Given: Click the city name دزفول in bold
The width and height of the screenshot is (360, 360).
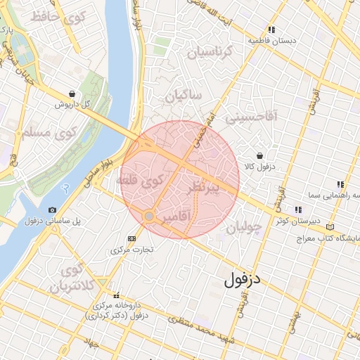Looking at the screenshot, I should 243,279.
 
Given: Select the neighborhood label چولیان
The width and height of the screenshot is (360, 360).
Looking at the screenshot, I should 244,226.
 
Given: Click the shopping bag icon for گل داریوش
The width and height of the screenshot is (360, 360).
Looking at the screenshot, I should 72,94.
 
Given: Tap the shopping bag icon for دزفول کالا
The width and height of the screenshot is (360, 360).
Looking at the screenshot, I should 259,155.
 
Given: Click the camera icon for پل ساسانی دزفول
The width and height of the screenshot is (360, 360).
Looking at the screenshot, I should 53,210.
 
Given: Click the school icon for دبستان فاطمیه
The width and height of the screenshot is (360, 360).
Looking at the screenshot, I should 271,30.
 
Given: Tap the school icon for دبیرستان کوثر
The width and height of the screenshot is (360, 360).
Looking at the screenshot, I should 298,210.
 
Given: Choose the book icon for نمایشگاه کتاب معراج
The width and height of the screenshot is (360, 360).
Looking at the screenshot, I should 330,227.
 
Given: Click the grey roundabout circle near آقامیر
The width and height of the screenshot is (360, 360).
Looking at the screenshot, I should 149,215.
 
